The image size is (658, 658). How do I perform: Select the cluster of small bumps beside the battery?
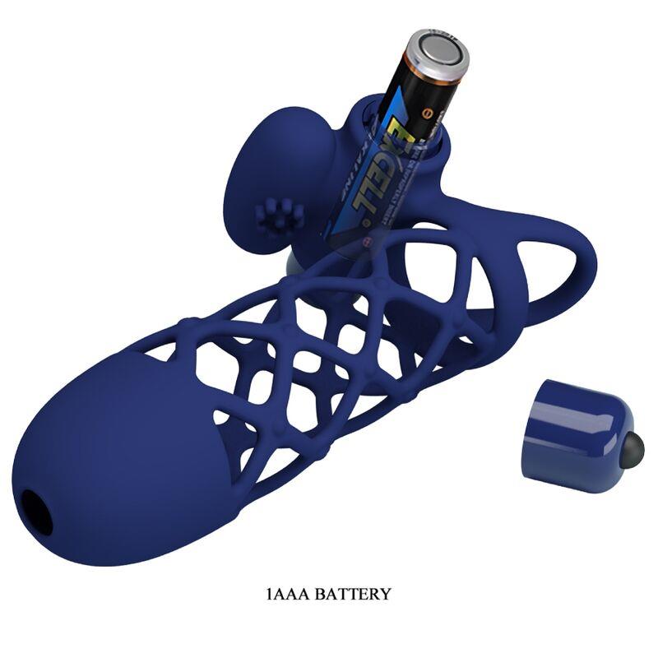click(274, 217)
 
